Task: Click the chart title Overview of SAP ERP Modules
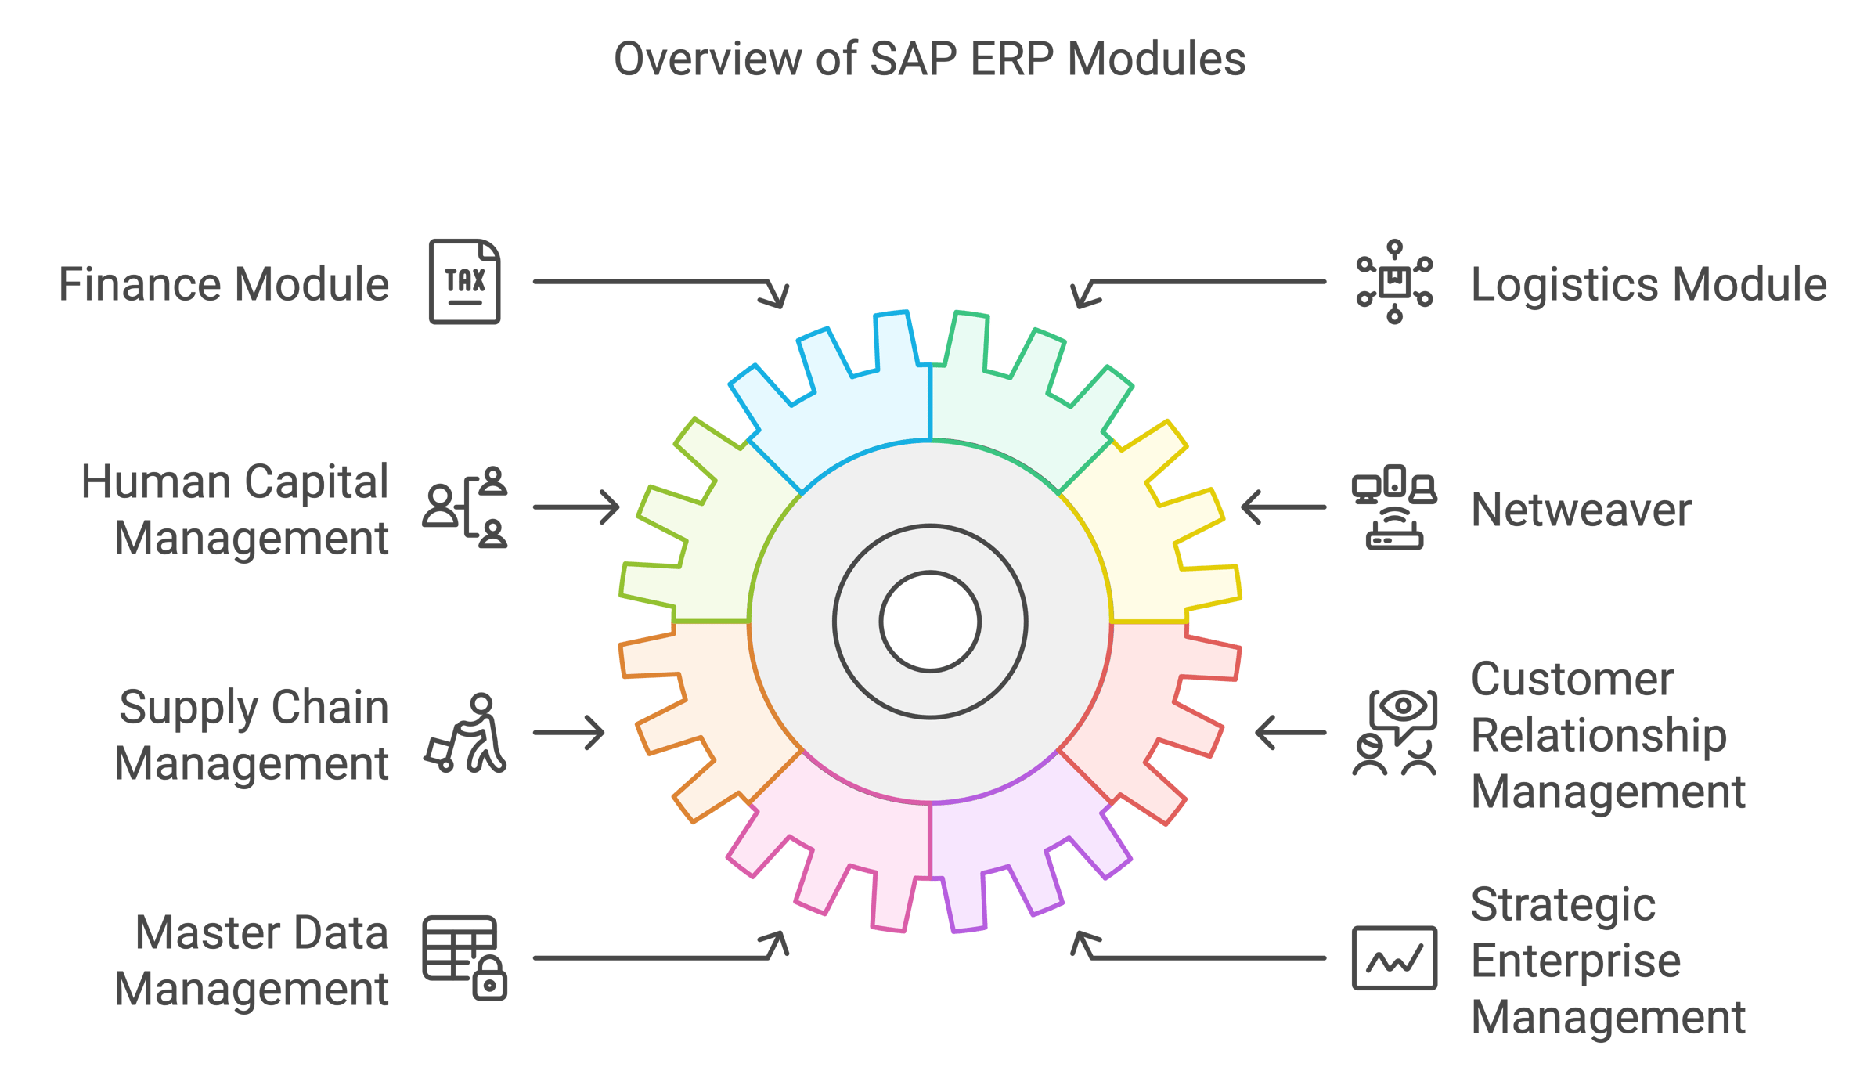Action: pyautogui.click(x=929, y=59)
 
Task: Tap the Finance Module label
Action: pyautogui.click(x=224, y=284)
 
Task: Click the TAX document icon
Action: pyautogui.click(x=464, y=282)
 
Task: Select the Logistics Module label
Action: pyautogui.click(x=1649, y=284)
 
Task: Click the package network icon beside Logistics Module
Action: pyautogui.click(x=1394, y=282)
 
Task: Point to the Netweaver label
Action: pyautogui.click(x=1581, y=510)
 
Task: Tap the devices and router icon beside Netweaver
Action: pyautogui.click(x=1394, y=507)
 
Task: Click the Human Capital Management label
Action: pyautogui.click(x=235, y=510)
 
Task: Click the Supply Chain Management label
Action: pyautogui.click(x=252, y=735)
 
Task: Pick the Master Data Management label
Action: pyautogui.click(x=252, y=961)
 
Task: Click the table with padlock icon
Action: pyautogui.click(x=464, y=957)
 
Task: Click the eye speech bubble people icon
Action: pyautogui.click(x=1394, y=733)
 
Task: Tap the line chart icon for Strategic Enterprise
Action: pyautogui.click(x=1394, y=958)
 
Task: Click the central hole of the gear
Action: pyautogui.click(x=930, y=622)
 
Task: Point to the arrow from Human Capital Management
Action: pyautogui.click(x=576, y=507)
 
